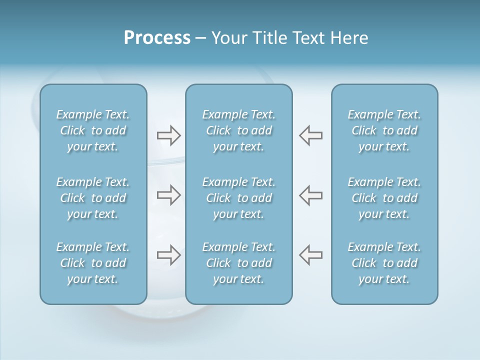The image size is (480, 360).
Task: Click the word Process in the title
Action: [x=157, y=38]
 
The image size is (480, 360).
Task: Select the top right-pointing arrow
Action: [x=168, y=135]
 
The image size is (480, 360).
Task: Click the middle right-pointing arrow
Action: [x=168, y=195]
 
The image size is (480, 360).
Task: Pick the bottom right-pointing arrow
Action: [x=168, y=255]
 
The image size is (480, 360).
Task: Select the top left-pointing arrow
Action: [x=310, y=135]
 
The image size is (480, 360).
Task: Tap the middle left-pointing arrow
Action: [x=310, y=195]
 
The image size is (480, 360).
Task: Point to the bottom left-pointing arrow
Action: [x=310, y=255]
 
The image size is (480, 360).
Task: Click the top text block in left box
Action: [x=93, y=130]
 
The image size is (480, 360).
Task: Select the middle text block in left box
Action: [x=93, y=198]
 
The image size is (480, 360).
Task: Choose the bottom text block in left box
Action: [x=93, y=263]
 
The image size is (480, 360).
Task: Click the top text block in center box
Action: [x=238, y=130]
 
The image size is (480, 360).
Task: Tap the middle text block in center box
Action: [x=238, y=198]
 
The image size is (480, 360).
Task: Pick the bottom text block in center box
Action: [x=238, y=263]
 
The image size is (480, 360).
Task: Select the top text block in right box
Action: [x=384, y=130]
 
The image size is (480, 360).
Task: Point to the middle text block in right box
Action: [x=384, y=198]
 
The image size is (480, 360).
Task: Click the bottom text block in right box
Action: [x=384, y=263]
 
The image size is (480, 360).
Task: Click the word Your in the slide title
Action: [x=228, y=38]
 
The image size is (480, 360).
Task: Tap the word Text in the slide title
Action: [x=305, y=38]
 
